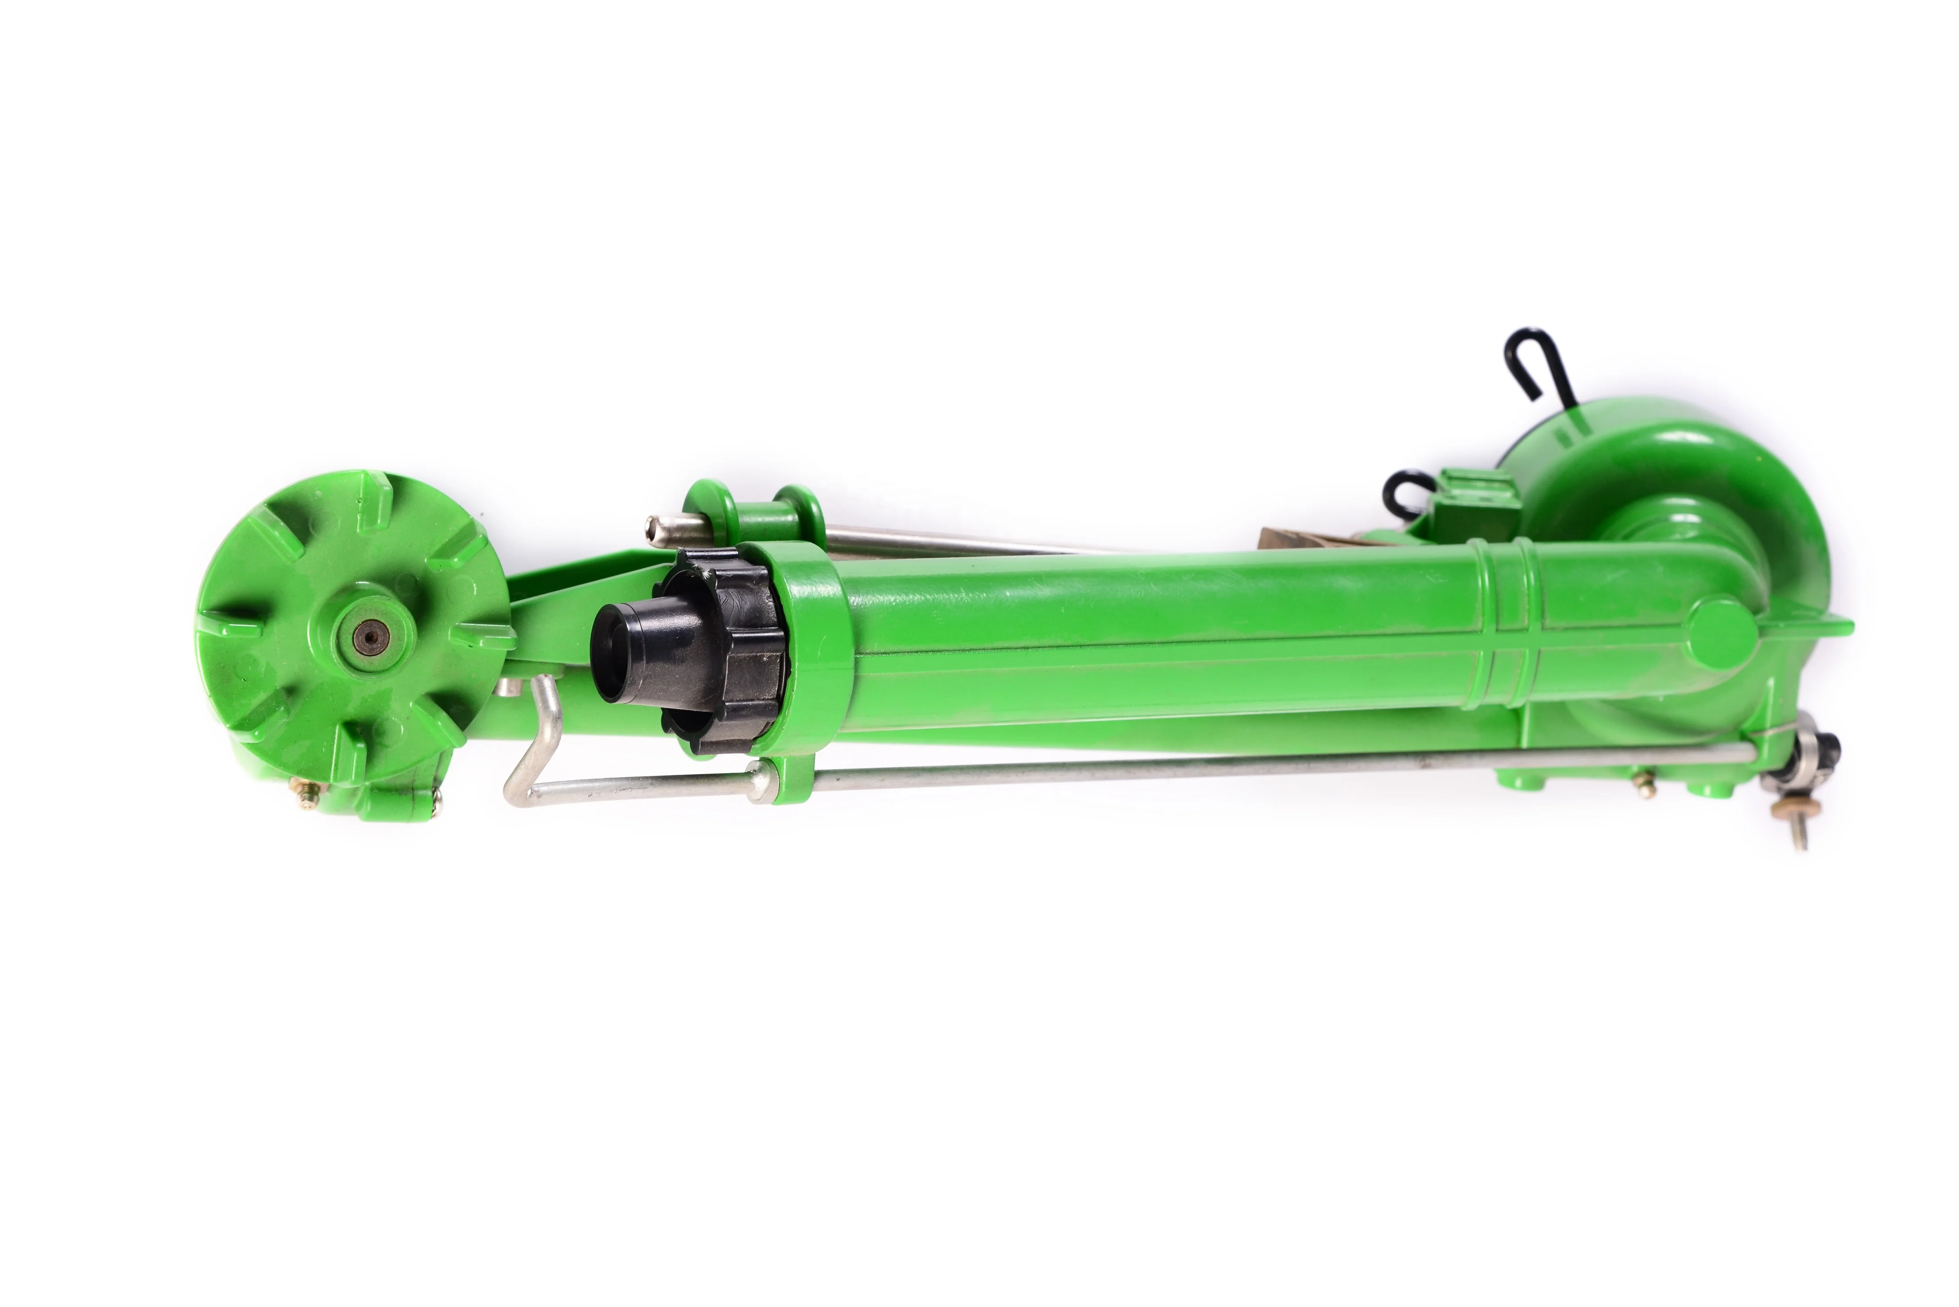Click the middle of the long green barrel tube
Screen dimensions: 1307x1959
click(1167, 642)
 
